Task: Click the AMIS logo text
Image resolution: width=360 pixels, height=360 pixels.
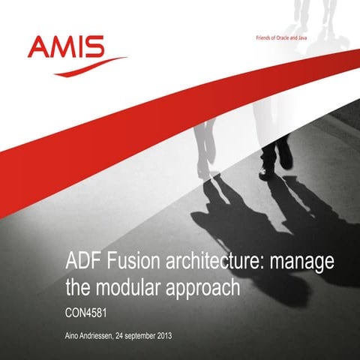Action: pos(65,48)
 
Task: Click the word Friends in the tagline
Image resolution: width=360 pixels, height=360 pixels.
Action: pos(250,39)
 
